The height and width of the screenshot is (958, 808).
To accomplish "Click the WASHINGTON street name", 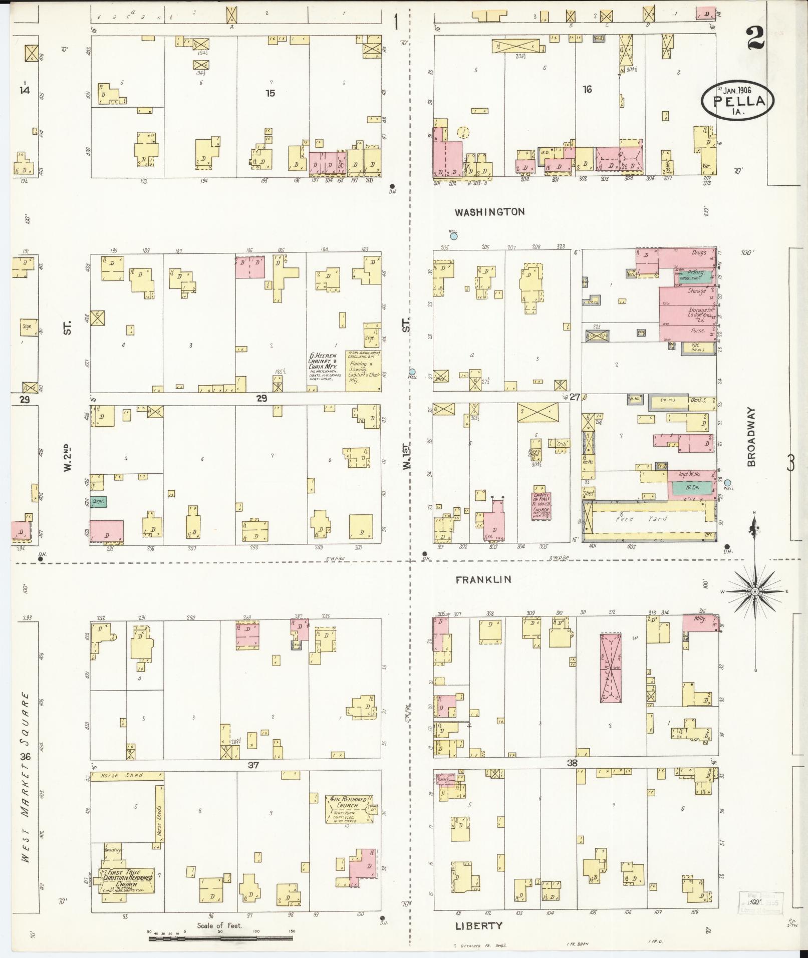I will coord(489,212).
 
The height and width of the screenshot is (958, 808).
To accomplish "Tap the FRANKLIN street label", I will coord(483,579).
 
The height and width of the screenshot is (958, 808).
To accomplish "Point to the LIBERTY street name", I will coord(478,926).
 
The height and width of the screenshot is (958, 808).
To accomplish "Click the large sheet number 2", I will coord(755,38).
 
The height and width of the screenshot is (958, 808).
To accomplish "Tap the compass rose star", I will coord(754,591).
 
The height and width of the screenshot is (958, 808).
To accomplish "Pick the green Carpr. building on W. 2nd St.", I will coord(99,501).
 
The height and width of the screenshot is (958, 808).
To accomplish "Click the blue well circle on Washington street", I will coord(453,235).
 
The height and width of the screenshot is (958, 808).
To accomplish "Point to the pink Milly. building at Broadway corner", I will coord(700,622).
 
